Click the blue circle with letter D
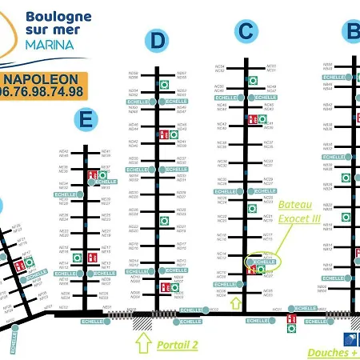(158, 40)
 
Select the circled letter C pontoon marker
(246, 31)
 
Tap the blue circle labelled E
(86, 120)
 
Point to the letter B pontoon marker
(352, 31)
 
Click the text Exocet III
(298, 217)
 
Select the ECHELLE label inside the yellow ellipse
(263, 262)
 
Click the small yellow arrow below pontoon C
(235, 302)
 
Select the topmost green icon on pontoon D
(164, 84)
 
